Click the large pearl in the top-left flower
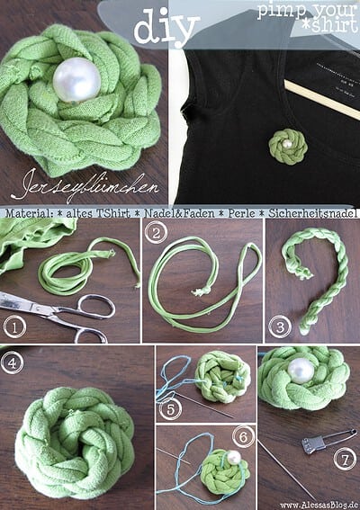(x=77, y=80)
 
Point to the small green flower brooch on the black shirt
(x=288, y=147)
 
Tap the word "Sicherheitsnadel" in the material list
(x=313, y=213)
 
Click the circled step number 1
(x=14, y=327)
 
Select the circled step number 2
(x=156, y=233)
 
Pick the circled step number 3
(x=280, y=327)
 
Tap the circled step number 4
(x=12, y=362)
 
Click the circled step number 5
(x=171, y=409)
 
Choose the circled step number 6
(x=243, y=437)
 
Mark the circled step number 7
(x=345, y=459)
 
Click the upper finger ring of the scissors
(x=96, y=305)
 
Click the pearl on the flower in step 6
(x=234, y=458)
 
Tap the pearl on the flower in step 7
(x=301, y=371)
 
